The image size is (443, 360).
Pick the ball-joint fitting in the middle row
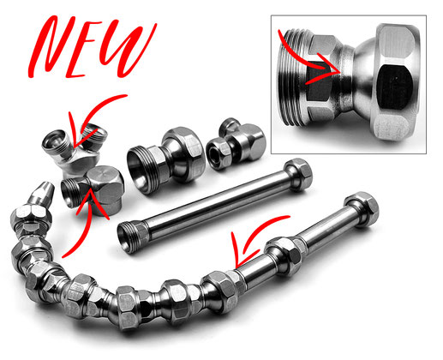pos(165,160)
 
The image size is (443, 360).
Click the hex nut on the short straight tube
pos(298,174)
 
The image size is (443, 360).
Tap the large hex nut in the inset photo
pos(396,81)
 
